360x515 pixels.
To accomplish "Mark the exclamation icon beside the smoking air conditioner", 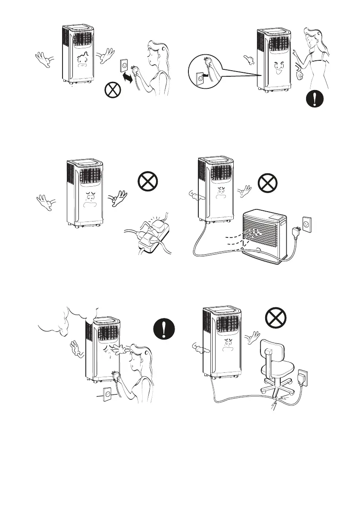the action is click(x=164, y=332).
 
